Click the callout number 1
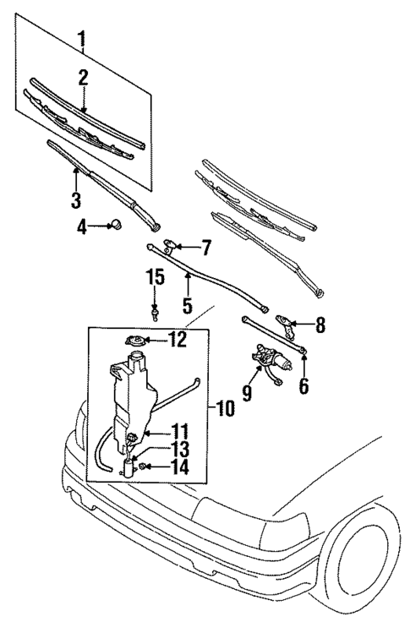pos(82,39)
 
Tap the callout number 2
pos(84,79)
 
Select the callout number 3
pos(75,200)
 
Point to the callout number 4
pos(82,226)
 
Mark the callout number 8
pos(320,324)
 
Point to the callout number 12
pos(177,341)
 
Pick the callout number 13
pos(181,449)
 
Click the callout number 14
pos(181,467)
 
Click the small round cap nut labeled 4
pos(118,225)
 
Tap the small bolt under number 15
pos(156,313)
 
